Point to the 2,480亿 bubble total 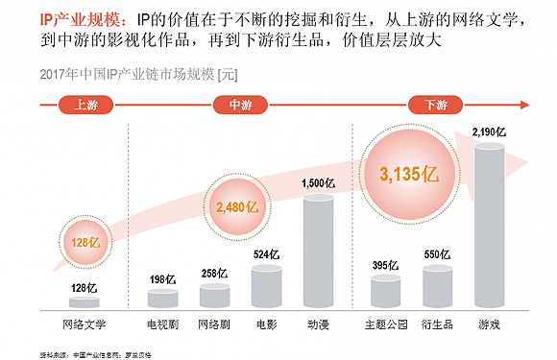coord(238,206)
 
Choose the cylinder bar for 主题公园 coord(384,292)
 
